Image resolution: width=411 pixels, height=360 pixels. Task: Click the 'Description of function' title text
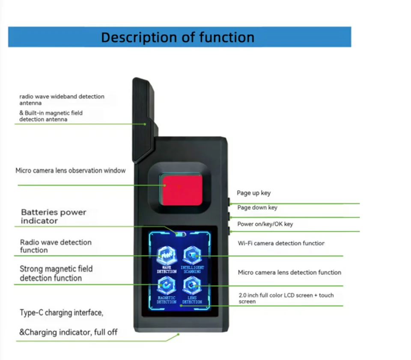(x=177, y=37)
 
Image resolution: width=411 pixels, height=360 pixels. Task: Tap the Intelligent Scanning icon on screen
(x=192, y=256)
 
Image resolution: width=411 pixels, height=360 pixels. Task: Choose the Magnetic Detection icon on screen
(x=166, y=285)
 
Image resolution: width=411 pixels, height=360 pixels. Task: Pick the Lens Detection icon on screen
(x=192, y=286)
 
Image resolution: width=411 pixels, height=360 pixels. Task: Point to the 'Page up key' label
(x=253, y=193)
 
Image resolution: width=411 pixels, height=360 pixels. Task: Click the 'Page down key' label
(x=257, y=208)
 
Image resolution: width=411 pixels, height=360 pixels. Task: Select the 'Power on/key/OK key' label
(x=265, y=224)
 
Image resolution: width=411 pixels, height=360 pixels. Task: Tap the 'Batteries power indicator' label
(x=54, y=216)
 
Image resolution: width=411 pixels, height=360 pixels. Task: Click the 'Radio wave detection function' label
(x=56, y=246)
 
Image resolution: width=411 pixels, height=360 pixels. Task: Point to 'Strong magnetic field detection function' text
(x=56, y=273)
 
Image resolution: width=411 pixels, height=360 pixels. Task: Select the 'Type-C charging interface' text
(x=61, y=313)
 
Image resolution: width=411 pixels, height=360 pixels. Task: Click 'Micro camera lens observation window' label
(x=71, y=171)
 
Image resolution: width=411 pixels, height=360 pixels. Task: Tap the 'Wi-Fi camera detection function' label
(x=281, y=243)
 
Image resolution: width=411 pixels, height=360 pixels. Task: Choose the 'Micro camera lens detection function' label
(x=289, y=273)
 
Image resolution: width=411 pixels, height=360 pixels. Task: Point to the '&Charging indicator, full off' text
(x=68, y=332)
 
